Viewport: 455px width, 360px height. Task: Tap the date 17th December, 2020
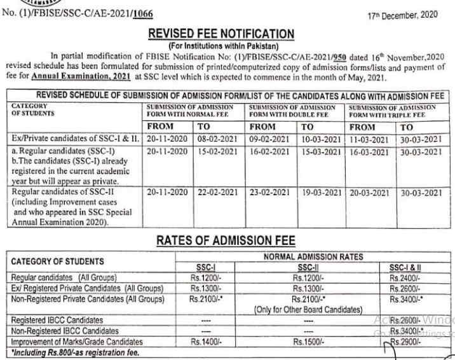pos(402,15)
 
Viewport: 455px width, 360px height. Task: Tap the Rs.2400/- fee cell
pos(404,278)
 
